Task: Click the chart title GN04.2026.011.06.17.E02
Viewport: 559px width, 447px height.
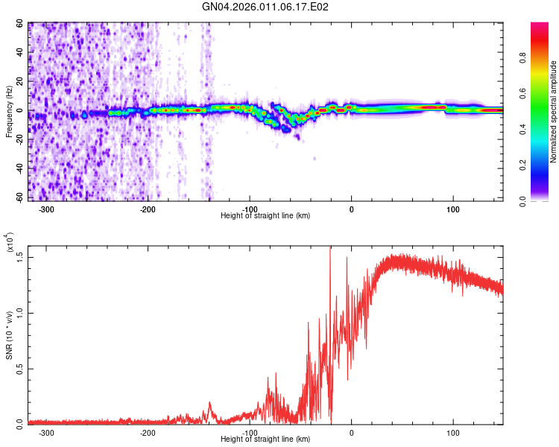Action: [x=266, y=7]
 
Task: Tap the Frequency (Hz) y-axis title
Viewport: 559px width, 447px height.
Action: [x=9, y=112]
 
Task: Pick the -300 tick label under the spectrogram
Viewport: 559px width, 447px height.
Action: [x=46, y=209]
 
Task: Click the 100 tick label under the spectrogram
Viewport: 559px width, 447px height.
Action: [x=452, y=209]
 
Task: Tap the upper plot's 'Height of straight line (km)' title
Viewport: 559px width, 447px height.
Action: [x=266, y=215]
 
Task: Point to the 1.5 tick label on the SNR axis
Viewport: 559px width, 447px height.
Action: [x=20, y=256]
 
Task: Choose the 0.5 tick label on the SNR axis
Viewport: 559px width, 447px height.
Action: [x=20, y=367]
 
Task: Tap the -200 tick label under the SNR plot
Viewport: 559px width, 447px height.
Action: [x=148, y=432]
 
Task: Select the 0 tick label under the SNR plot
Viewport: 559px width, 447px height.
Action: [x=351, y=432]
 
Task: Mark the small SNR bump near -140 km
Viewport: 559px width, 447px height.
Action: [x=210, y=406]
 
